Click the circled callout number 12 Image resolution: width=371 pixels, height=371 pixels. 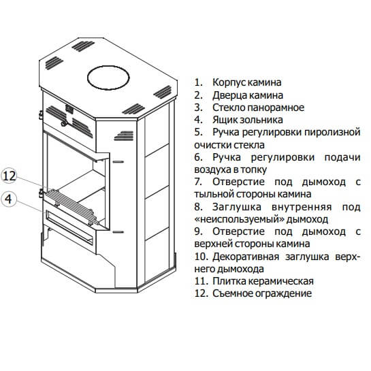point(10,176)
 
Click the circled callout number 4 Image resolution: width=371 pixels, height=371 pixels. point(9,199)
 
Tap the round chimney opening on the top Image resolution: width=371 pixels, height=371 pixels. point(108,78)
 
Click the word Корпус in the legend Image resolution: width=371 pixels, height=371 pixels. point(227,82)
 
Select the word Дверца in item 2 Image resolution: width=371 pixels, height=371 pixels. point(229,95)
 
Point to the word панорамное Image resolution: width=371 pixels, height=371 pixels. point(276,108)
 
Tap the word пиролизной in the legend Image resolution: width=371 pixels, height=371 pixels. point(332,132)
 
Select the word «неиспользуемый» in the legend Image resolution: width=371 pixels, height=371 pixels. point(239,219)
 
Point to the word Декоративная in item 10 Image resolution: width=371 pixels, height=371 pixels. point(246,257)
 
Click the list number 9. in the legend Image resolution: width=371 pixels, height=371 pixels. point(198,231)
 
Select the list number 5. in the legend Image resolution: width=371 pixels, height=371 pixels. point(198,132)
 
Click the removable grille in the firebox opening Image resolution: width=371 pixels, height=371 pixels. point(71,206)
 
